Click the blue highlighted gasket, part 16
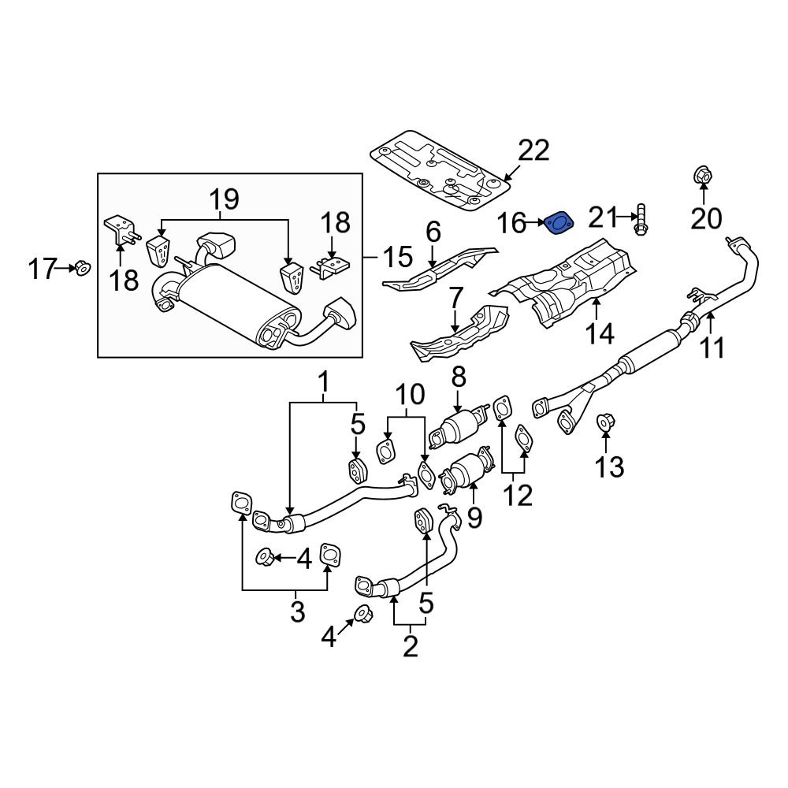pos(559,224)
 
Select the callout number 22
pos(533,150)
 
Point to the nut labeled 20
pos(702,177)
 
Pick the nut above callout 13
pos(606,423)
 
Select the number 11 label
pos(712,348)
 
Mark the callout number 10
pos(409,394)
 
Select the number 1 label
pos(323,385)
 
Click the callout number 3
pos(296,611)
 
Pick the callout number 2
pos(410,646)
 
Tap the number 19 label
pos(224,199)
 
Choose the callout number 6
pos(433,232)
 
